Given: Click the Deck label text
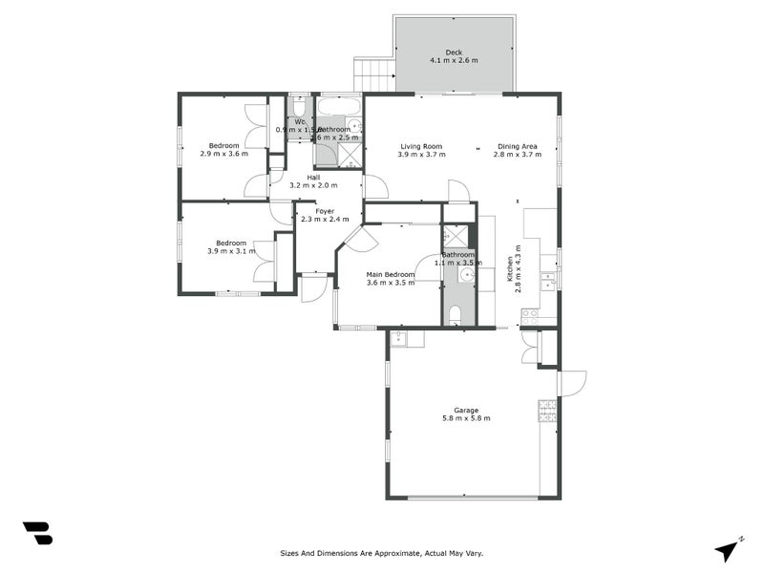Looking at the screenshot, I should (x=454, y=53).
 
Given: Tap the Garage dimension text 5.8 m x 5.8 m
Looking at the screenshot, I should (x=466, y=418).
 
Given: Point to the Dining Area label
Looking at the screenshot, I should (x=518, y=146).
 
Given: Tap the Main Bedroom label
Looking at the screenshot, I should (x=391, y=275).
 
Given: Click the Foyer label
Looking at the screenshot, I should (x=325, y=211).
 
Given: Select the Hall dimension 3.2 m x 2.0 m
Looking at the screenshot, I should (x=314, y=185).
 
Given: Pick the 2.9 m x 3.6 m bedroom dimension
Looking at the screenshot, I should (x=223, y=154).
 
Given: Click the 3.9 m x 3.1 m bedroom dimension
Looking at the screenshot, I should (x=231, y=251).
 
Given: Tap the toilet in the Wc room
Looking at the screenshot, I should (x=299, y=106).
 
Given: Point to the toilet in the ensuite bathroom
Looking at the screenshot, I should (x=456, y=314).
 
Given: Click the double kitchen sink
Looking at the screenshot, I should (x=548, y=282).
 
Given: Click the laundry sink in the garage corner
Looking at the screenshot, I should (x=400, y=337).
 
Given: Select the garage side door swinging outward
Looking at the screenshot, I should (x=572, y=383).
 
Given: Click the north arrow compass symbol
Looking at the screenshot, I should (x=728, y=549).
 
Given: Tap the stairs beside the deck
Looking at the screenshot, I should (x=373, y=74).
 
